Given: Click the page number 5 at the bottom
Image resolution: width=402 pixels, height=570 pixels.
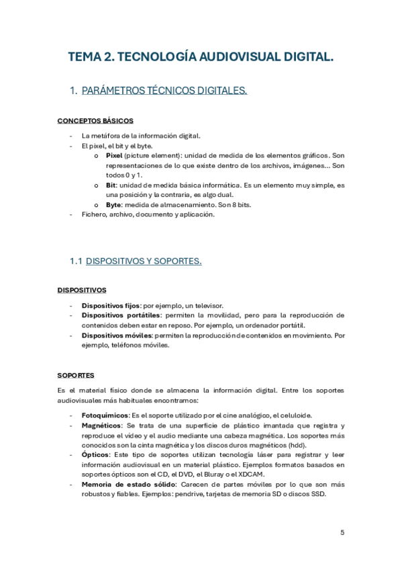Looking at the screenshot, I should coord(342,532).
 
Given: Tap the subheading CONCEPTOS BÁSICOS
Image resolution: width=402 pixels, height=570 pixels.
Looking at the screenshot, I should coord(95,121).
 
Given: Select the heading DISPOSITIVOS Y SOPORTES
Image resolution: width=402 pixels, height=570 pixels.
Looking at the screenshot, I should coord(144,261).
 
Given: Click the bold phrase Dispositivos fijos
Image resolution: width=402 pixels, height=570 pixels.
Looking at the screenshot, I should coord(111,305).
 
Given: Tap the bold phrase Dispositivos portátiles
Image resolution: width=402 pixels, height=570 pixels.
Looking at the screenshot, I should coord(121,315).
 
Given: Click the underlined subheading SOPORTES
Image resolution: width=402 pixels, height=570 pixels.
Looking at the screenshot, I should coord(76,374).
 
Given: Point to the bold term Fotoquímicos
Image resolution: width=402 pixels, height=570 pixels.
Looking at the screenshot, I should coord(105,415).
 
